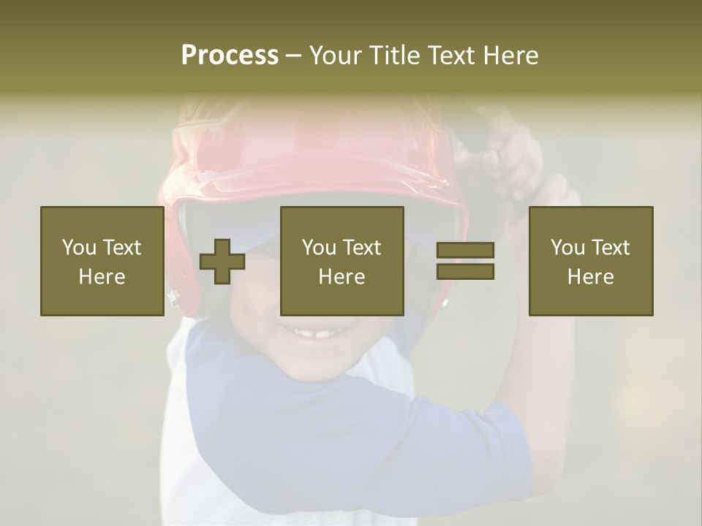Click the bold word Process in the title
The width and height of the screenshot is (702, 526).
pyautogui.click(x=230, y=56)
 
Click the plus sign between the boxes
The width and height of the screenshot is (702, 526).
pyautogui.click(x=222, y=262)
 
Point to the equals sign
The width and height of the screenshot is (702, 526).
pyautogui.click(x=465, y=261)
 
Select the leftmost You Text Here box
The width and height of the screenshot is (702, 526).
pyautogui.click(x=102, y=261)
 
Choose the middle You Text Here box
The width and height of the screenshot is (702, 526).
pyautogui.click(x=342, y=261)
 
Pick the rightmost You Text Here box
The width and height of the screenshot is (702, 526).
pyautogui.click(x=591, y=261)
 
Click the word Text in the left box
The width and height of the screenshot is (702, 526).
pyautogui.click(x=121, y=248)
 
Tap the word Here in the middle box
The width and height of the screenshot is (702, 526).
pyautogui.click(x=342, y=276)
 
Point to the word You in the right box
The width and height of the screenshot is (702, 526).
pyautogui.click(x=567, y=248)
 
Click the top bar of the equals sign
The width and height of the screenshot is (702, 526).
pyautogui.click(x=465, y=251)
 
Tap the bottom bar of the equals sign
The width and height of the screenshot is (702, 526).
pyautogui.click(x=465, y=271)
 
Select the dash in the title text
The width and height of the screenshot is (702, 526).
pyautogui.click(x=294, y=56)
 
